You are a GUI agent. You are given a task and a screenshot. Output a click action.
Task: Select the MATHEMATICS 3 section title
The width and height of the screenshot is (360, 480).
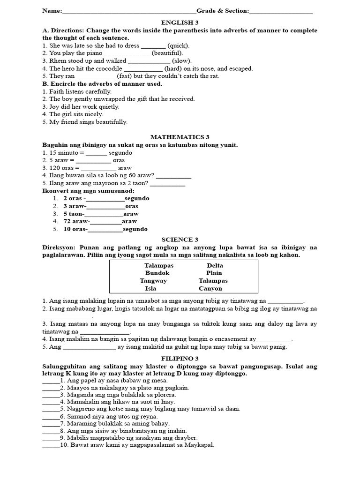[180, 137]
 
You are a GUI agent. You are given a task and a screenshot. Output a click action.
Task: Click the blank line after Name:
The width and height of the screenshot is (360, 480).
[129, 12]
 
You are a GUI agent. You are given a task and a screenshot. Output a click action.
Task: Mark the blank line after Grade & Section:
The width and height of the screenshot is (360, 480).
[281, 12]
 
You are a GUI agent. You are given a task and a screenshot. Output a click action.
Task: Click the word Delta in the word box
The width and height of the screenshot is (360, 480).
[215, 266]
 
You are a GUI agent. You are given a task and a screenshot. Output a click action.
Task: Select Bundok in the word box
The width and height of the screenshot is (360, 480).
[157, 273]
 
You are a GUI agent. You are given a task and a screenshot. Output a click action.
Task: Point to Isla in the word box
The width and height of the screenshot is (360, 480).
[150, 289]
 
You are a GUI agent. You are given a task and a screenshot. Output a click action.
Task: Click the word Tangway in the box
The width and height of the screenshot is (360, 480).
[153, 281]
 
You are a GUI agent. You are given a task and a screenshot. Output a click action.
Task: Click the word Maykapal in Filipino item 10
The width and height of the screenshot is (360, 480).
[200, 445]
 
